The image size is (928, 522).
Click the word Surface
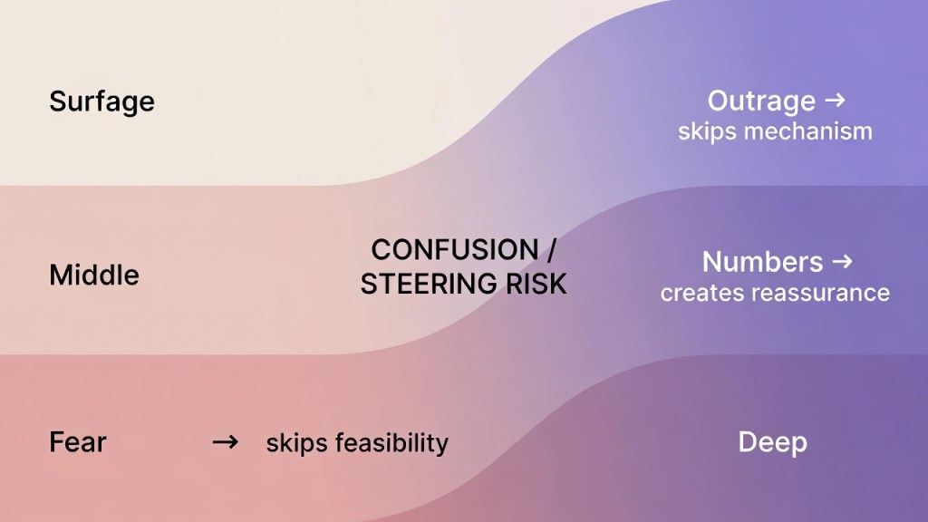pos(101,101)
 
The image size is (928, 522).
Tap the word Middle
pos(94,275)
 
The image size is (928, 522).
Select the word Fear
pos(78,442)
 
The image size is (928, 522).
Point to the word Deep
pos(772,442)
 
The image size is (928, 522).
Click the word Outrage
pos(761,101)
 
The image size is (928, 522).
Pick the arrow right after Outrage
pos(835,100)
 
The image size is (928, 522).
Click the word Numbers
pos(762,262)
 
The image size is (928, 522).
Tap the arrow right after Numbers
pos(842,262)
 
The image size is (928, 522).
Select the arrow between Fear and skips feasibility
pos(226,442)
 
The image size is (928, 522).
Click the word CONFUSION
pos(455,250)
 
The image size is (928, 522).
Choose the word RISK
pos(536,284)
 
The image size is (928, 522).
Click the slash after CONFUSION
pos(552,250)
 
